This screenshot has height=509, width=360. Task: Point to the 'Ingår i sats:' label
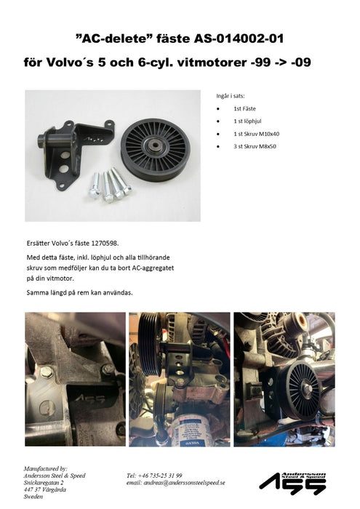232,95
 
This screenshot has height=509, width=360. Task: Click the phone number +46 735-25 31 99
155,475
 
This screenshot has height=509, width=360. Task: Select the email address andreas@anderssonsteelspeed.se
176,482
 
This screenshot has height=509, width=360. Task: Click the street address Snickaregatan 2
44,482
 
